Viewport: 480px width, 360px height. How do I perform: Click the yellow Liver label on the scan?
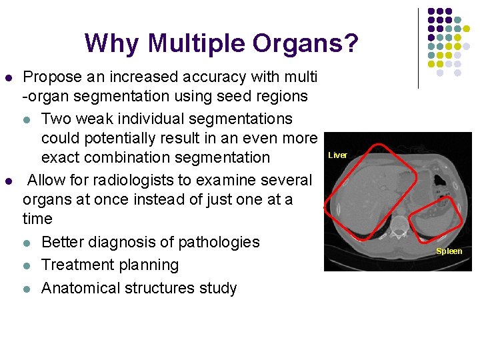(x=337, y=155)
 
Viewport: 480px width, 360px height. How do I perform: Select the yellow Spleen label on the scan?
(x=449, y=251)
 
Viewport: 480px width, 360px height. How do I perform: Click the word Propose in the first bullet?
(x=52, y=77)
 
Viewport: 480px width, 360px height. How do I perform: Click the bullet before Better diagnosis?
(x=26, y=243)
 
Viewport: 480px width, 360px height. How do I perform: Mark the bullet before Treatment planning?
(x=26, y=265)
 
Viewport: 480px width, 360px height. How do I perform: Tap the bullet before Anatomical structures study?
(x=26, y=289)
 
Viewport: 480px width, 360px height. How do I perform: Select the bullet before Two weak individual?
(x=26, y=119)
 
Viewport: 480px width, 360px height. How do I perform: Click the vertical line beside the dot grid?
(x=418, y=48)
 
